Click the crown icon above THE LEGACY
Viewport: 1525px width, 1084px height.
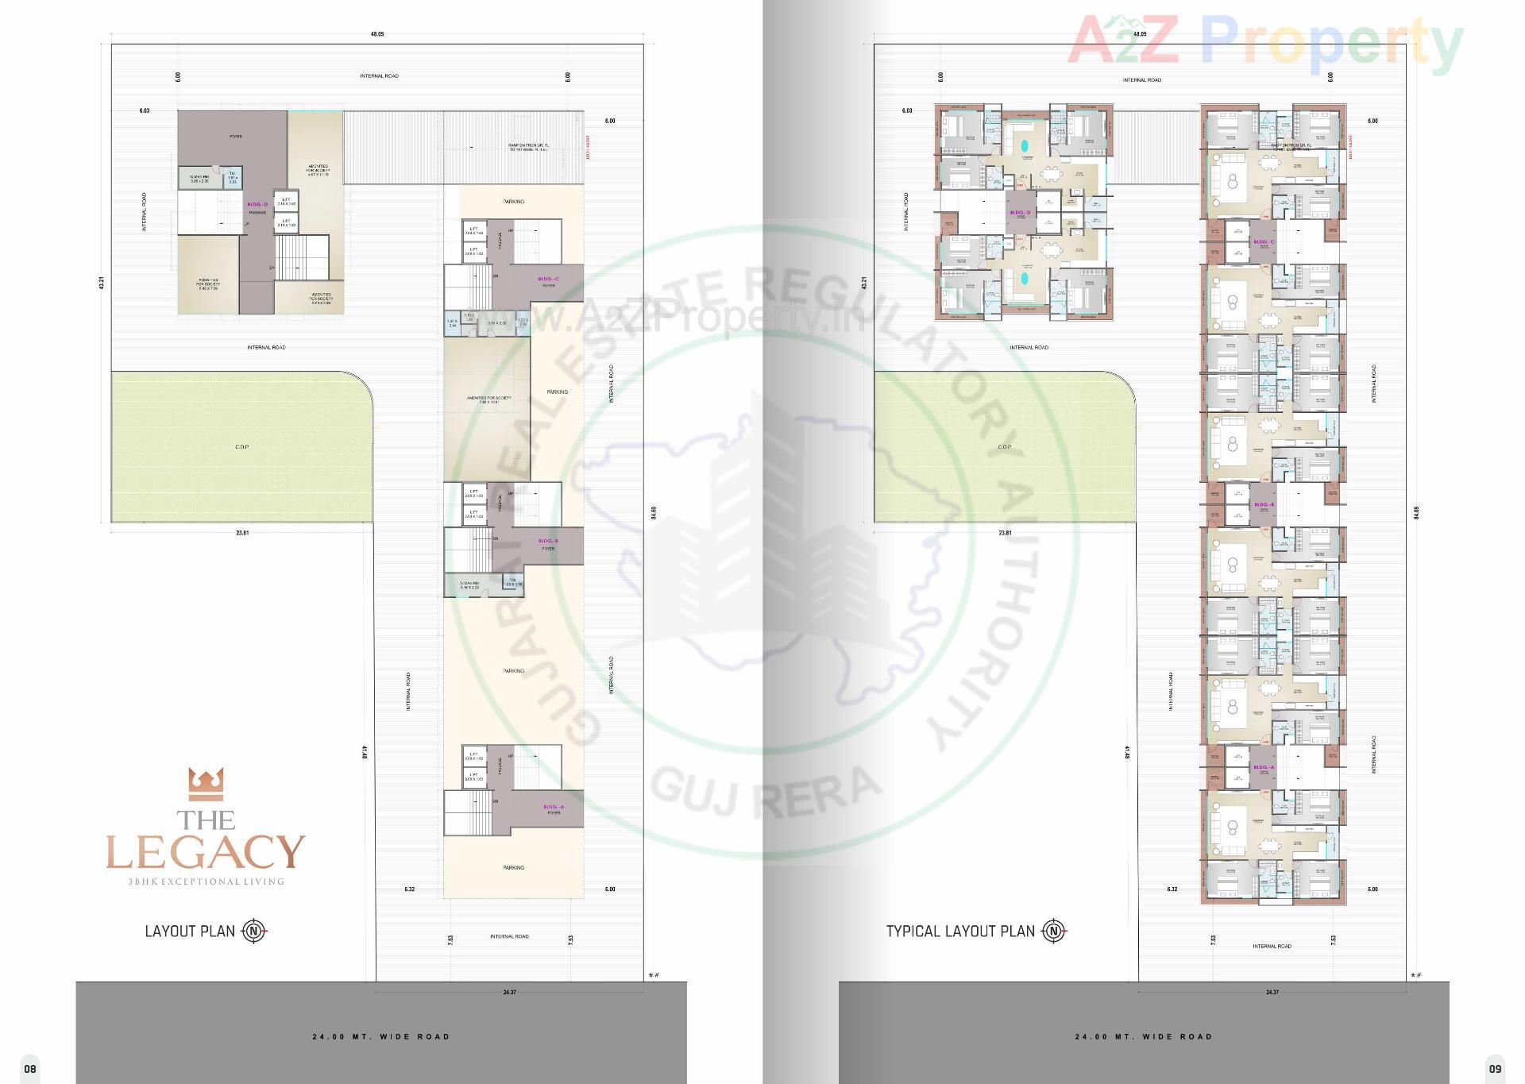tap(206, 784)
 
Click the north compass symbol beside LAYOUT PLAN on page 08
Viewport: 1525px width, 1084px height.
tap(253, 931)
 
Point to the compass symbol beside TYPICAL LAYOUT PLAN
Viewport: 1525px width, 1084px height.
tap(1054, 931)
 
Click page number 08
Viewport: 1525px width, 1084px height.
tap(29, 1068)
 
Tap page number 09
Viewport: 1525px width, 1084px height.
tap(1496, 1068)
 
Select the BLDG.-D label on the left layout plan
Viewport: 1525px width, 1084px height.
tap(257, 204)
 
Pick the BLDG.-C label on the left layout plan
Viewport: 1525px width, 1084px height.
tap(548, 279)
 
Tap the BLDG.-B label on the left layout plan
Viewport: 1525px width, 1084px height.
tap(548, 541)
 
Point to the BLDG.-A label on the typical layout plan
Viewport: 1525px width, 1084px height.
tap(1264, 767)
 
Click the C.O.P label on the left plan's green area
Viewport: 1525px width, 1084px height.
tap(242, 447)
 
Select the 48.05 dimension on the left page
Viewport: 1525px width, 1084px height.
tap(376, 34)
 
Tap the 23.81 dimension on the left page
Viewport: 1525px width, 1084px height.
tap(242, 533)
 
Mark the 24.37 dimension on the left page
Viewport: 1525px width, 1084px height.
tap(509, 992)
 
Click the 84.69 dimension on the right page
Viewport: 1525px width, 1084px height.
tap(1416, 513)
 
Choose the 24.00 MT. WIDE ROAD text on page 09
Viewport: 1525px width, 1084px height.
tap(1144, 1036)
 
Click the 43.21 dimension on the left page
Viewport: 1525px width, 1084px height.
tap(101, 283)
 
